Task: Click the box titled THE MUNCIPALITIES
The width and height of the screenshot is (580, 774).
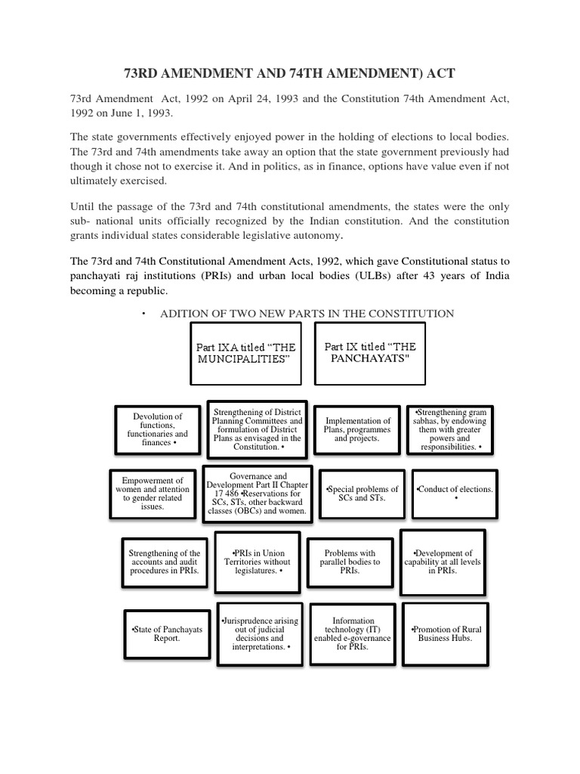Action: (x=246, y=353)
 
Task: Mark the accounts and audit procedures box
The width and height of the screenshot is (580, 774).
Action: (x=164, y=562)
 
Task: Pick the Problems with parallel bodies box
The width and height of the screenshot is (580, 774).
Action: (x=350, y=562)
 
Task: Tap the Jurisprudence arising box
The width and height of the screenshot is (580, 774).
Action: (x=258, y=633)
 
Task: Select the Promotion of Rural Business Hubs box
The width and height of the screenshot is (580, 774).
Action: (x=446, y=633)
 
